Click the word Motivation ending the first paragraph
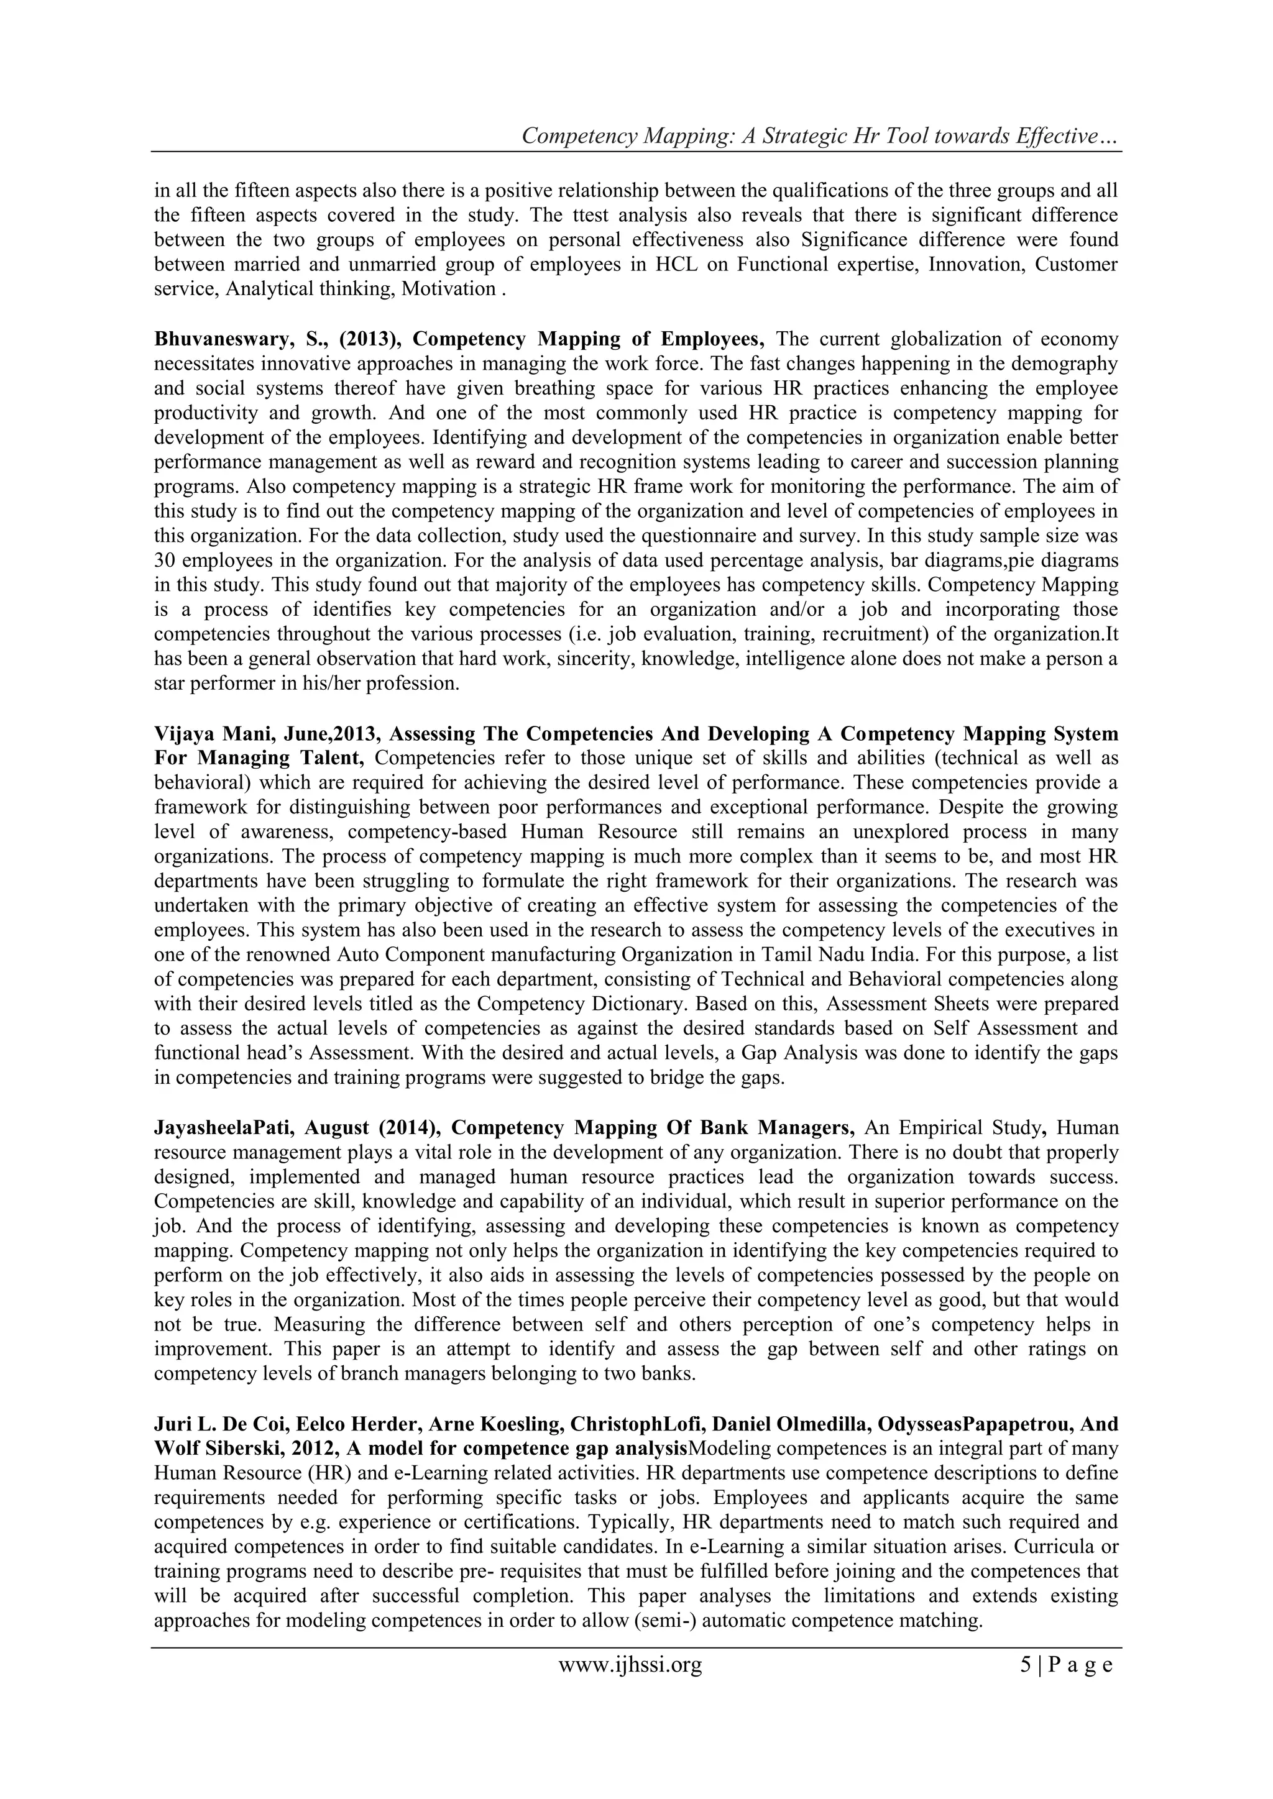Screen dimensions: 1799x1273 [x=448, y=289]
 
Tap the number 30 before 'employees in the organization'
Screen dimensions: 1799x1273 [x=166, y=561]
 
